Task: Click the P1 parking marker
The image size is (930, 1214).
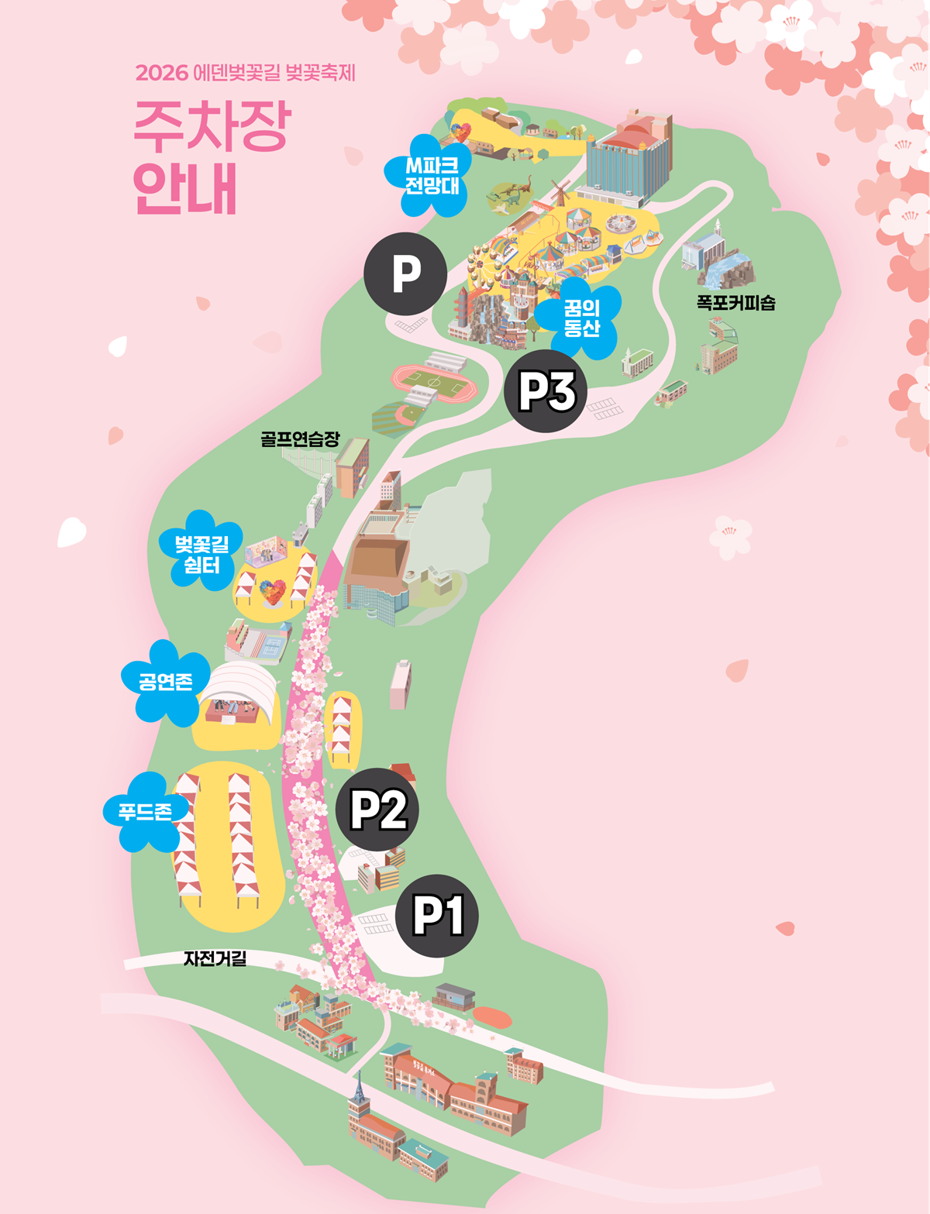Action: click(x=436, y=916)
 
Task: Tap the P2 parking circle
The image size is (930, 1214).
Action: click(x=377, y=810)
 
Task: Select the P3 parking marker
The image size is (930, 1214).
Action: click(x=546, y=391)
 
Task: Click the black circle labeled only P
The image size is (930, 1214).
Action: click(x=405, y=273)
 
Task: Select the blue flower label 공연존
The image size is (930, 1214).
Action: click(x=165, y=683)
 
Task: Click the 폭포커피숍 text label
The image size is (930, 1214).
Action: click(x=735, y=303)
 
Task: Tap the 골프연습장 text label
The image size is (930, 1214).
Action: click(x=300, y=439)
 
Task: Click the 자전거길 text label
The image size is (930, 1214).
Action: click(x=215, y=958)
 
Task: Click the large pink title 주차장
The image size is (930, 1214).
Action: click(x=212, y=127)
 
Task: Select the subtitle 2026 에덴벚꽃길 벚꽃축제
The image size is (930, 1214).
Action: click(x=245, y=73)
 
